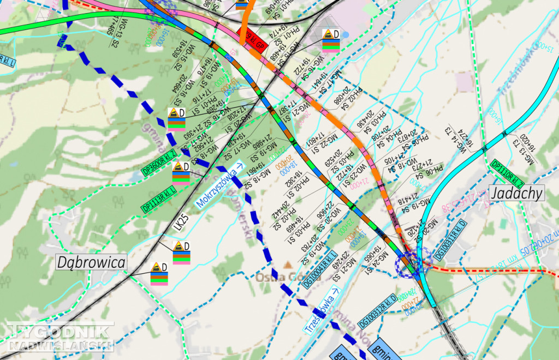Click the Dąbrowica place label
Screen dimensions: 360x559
click(x=91, y=262)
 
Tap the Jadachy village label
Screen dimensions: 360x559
click(x=516, y=193)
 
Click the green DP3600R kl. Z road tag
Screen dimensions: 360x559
click(x=159, y=163)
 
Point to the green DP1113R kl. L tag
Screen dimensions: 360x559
click(x=159, y=199)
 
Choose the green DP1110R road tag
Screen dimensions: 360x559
click(x=507, y=173)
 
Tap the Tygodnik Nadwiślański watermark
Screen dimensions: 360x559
click(x=60, y=337)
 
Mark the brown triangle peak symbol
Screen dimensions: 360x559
click(x=288, y=265)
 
